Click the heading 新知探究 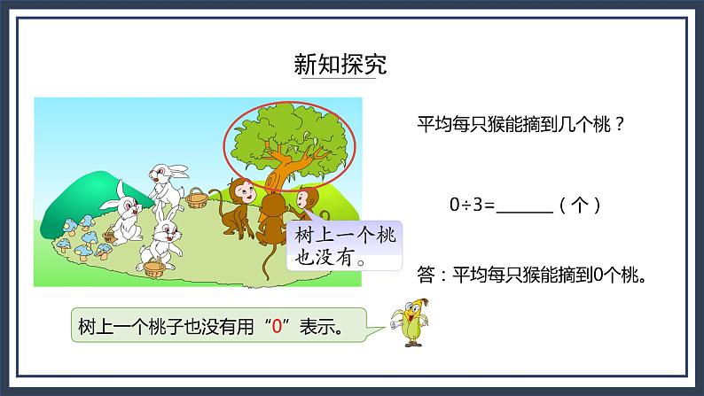tap(340, 65)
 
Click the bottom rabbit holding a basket tap(160, 239)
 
